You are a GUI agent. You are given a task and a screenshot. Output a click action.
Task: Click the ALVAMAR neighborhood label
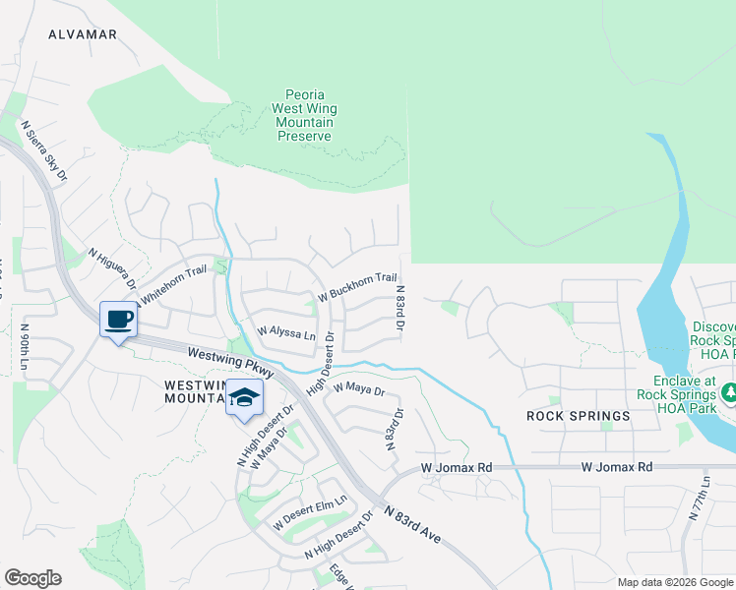[83, 34]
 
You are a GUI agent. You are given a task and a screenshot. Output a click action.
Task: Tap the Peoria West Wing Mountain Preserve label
[304, 116]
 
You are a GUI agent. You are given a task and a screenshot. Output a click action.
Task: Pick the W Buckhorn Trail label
[356, 287]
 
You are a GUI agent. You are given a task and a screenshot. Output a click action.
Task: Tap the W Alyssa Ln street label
[286, 333]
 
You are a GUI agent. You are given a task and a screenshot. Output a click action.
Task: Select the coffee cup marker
[118, 320]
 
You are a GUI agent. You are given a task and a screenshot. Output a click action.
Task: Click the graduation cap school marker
[244, 398]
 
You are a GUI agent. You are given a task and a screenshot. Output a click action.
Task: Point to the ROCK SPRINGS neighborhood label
[578, 416]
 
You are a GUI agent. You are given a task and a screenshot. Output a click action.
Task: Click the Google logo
[32, 578]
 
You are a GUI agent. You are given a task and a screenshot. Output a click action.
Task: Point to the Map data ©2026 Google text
[674, 582]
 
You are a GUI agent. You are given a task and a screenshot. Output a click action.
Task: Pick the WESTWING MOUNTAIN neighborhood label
[197, 390]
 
